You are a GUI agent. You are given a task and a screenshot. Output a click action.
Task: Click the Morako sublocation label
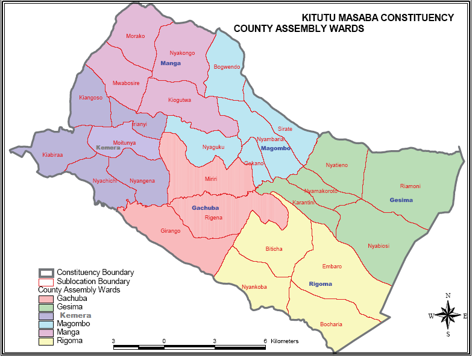tap(135, 36)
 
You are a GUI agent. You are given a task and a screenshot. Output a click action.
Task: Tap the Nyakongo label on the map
tap(182, 53)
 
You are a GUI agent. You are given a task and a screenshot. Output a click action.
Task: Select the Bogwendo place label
tap(227, 66)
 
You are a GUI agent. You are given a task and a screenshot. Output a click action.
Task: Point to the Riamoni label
tap(410, 186)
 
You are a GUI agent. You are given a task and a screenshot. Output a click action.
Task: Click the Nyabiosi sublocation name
tap(379, 245)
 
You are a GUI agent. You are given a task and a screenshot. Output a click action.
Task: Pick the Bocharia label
tap(331, 324)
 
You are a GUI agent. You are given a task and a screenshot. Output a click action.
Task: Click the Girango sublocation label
tap(171, 231)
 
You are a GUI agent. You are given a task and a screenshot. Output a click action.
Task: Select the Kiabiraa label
tap(52, 155)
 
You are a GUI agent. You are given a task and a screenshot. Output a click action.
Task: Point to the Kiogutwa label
tap(180, 100)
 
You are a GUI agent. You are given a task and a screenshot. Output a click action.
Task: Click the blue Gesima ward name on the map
tap(401, 200)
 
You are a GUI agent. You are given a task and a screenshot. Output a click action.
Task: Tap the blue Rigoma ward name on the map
tap(320, 283)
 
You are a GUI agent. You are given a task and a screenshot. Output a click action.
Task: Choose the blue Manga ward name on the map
tap(171, 63)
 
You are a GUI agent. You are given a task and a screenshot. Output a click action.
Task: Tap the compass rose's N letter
tap(448, 295)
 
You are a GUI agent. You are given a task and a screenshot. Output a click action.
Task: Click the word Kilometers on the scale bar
tap(285, 341)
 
